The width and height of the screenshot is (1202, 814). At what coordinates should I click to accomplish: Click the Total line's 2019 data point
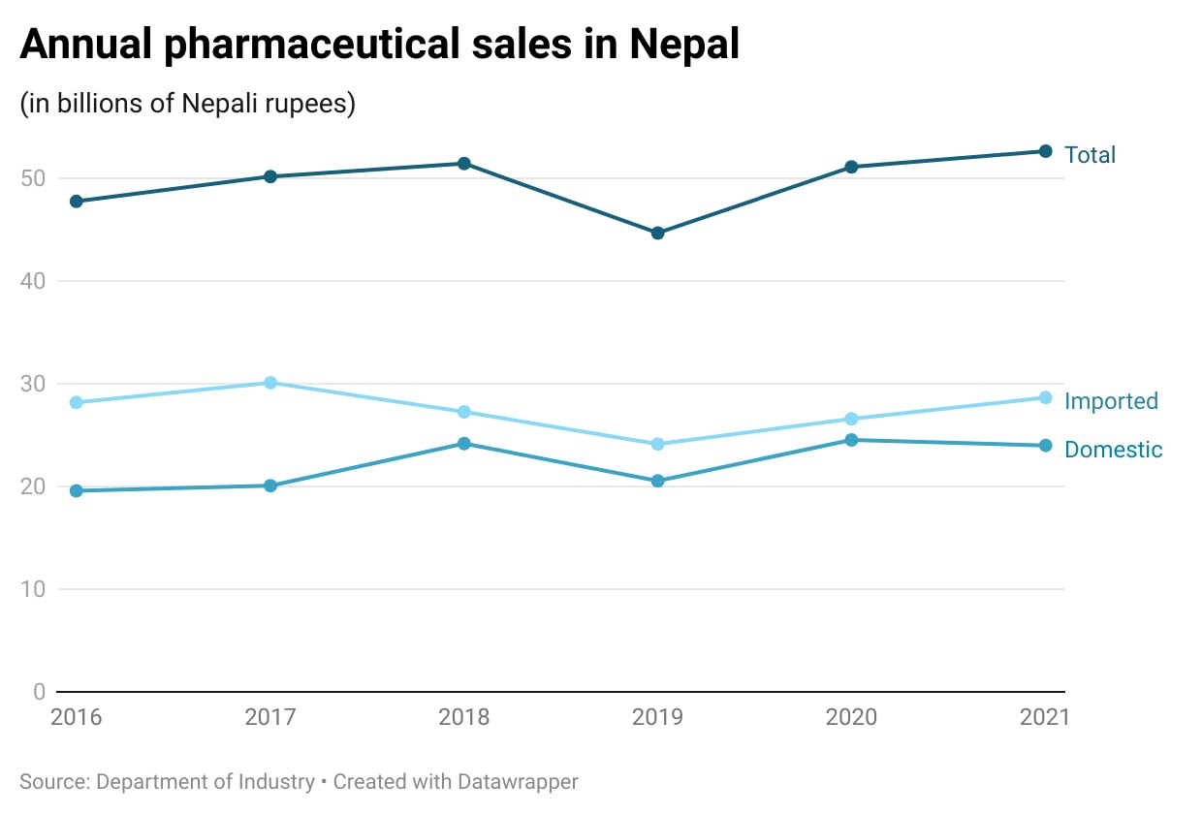[657, 234]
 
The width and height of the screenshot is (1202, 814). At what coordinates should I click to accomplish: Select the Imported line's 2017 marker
[270, 383]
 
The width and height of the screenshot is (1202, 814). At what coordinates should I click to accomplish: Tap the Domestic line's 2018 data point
[464, 444]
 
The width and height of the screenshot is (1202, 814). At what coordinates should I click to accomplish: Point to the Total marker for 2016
[77, 202]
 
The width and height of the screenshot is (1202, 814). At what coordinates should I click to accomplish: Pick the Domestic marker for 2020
[851, 440]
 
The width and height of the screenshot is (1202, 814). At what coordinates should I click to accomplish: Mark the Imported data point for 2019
[657, 444]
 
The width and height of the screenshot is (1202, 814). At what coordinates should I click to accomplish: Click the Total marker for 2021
[1045, 151]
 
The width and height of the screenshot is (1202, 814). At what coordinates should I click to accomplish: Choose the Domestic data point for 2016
[77, 491]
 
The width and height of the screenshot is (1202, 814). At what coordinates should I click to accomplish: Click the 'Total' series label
[1090, 155]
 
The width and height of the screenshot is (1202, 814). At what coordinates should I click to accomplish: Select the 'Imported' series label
[1111, 401]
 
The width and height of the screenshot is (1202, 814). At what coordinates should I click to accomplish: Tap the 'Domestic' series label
[1113, 450]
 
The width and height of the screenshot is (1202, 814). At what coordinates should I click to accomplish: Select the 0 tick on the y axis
[39, 692]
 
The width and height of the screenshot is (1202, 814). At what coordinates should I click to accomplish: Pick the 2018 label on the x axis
[464, 718]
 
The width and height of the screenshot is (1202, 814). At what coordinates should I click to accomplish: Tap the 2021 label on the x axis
[1043, 718]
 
